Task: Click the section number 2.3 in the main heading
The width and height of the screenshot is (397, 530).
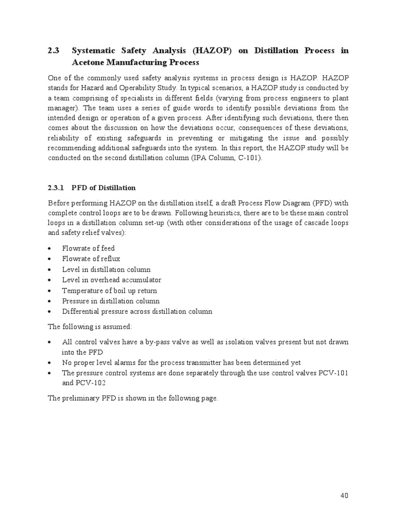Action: point(54,51)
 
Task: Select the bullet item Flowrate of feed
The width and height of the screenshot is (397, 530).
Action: point(88,248)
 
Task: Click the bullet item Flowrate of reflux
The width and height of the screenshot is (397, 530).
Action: point(91,259)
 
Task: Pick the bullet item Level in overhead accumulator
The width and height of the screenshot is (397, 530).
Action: point(112,280)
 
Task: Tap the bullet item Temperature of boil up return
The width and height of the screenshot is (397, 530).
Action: point(110,290)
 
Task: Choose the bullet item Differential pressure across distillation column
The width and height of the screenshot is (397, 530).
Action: point(137,312)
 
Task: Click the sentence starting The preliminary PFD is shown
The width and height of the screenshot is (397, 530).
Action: point(133,399)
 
